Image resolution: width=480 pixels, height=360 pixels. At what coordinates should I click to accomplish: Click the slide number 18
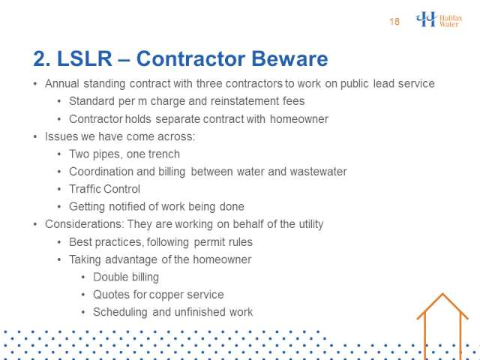[x=394, y=22]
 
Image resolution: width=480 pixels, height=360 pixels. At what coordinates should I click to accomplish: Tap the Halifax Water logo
[x=439, y=19]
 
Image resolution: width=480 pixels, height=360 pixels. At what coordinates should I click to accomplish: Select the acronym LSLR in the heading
[x=85, y=58]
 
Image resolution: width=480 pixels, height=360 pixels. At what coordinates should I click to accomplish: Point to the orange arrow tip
[x=442, y=293]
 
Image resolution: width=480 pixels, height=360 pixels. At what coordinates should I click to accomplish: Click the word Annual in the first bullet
[x=61, y=83]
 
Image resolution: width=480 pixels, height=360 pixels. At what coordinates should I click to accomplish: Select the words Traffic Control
[x=104, y=189]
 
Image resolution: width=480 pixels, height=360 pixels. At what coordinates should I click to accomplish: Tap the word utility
[x=310, y=224]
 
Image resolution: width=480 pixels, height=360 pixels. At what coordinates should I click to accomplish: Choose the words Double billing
[x=126, y=277]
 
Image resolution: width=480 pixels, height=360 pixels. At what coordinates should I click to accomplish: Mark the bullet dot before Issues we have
[x=35, y=136]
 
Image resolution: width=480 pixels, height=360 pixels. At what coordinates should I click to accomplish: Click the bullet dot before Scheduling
[x=83, y=312]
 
